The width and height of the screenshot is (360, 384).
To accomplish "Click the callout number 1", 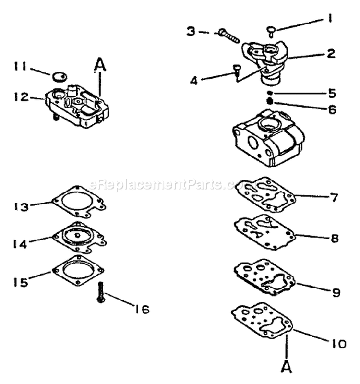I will click(330, 20).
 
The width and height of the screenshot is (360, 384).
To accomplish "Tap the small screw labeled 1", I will click(272, 31).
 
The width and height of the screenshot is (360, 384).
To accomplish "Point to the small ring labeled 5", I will click(270, 93).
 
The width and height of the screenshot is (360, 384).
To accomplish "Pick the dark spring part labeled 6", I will click(270, 100).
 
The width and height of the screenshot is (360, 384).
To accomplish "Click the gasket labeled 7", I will click(266, 194).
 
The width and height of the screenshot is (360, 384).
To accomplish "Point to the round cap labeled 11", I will click(59, 76).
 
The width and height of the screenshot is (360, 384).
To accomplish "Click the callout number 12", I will click(22, 96).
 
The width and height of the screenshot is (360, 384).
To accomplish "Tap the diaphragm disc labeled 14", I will click(78, 237).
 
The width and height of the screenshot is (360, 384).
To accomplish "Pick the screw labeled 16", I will click(101, 292).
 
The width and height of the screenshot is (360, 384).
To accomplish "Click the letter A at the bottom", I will click(286, 368).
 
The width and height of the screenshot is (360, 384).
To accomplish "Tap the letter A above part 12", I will click(99, 63).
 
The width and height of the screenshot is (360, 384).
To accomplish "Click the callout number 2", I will click(331, 53).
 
